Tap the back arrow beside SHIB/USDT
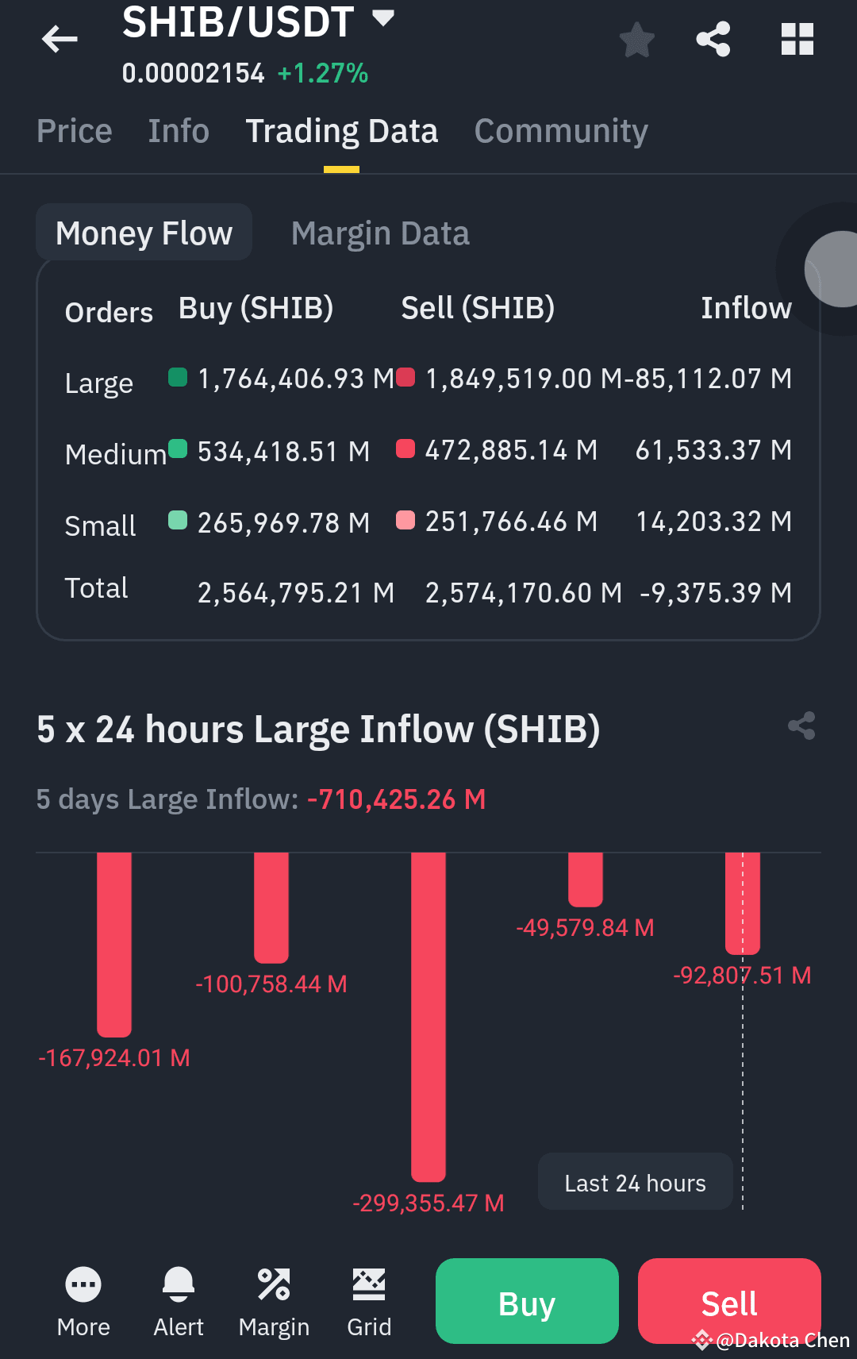click(60, 39)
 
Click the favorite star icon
click(637, 40)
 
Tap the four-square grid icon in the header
click(797, 40)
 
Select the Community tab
click(561, 131)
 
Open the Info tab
click(179, 130)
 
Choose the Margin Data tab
click(380, 233)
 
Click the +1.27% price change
click(323, 73)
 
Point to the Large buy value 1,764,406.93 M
click(296, 379)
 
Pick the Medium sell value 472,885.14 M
click(511, 450)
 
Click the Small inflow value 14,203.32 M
click(714, 522)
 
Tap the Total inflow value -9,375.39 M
click(716, 593)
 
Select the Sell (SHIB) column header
click(478, 308)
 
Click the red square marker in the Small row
click(405, 520)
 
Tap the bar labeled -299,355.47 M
click(428, 1017)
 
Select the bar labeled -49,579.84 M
click(586, 880)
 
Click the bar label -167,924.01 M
click(114, 1058)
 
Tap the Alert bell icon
click(179, 1284)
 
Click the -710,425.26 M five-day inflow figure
click(397, 799)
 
